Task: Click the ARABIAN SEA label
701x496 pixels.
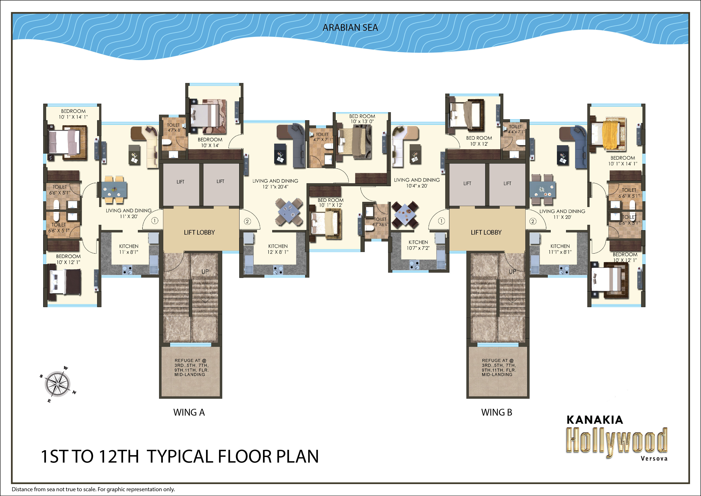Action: tap(350, 28)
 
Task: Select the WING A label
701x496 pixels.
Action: tap(189, 412)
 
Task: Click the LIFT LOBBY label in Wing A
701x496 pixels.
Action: tap(199, 232)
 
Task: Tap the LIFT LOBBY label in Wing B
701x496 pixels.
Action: tap(486, 232)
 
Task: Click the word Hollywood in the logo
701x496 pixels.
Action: tap(617, 442)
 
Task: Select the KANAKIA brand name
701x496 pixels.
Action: tap(595, 420)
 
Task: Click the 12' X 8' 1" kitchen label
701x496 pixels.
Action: tap(278, 249)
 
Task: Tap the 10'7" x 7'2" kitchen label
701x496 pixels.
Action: tap(418, 245)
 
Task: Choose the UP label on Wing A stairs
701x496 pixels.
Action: tap(205, 271)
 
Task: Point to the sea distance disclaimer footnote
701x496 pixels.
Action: tap(93, 489)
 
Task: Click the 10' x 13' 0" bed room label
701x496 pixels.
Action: tap(362, 119)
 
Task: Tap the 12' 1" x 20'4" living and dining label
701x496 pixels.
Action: tap(275, 184)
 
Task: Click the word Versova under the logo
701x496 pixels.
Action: tap(654, 458)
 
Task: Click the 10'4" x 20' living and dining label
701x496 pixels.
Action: tap(417, 183)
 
